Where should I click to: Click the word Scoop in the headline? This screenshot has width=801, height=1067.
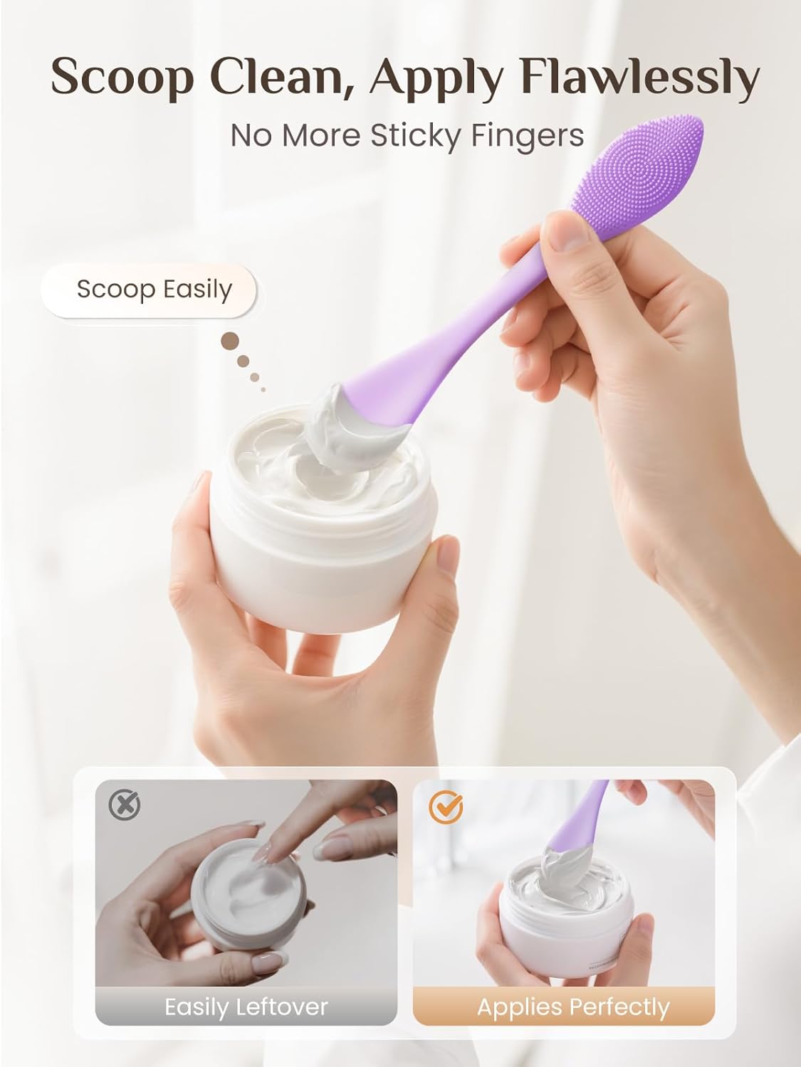(x=122, y=76)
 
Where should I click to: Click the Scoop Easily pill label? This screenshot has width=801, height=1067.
(x=154, y=289)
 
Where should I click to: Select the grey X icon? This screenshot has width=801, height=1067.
(x=125, y=805)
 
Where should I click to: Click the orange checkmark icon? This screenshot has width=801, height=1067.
(x=446, y=805)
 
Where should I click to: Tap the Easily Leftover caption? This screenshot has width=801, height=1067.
(x=246, y=1007)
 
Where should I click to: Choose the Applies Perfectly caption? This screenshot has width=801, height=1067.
(x=573, y=1007)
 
